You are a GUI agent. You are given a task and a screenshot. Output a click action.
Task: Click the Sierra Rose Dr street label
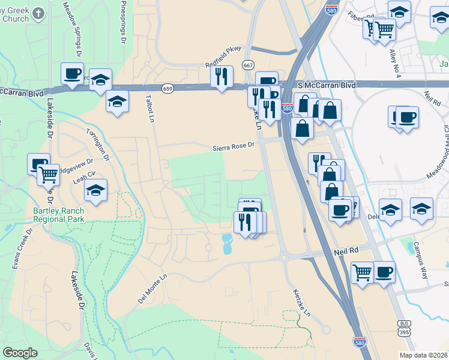235,146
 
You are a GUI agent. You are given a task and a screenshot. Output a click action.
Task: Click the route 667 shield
248,64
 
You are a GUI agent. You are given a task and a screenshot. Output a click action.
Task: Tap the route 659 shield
168,88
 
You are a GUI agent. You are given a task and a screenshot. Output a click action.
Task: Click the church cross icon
38,13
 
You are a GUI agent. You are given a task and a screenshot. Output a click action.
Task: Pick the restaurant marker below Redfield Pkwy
221,76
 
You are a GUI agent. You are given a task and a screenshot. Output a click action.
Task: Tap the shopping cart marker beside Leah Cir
49,175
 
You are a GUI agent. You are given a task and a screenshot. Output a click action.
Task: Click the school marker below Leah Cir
95,190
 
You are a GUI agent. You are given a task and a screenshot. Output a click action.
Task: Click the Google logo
20,353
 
